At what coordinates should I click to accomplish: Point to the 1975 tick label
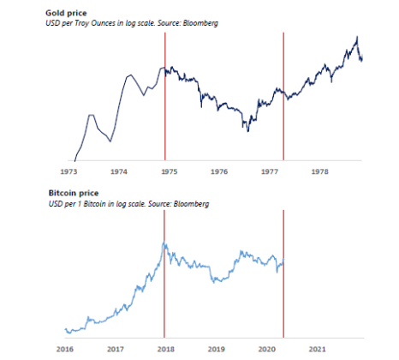click(x=170, y=171)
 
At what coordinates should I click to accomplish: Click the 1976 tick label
click(x=219, y=171)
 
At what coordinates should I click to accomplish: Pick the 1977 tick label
click(x=269, y=171)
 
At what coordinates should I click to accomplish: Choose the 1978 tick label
click(x=319, y=171)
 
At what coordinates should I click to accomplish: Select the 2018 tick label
click(x=165, y=350)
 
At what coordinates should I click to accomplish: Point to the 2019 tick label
click(x=216, y=350)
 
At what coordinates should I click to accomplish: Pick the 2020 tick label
click(x=266, y=350)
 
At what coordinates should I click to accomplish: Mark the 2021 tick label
click(x=317, y=350)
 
